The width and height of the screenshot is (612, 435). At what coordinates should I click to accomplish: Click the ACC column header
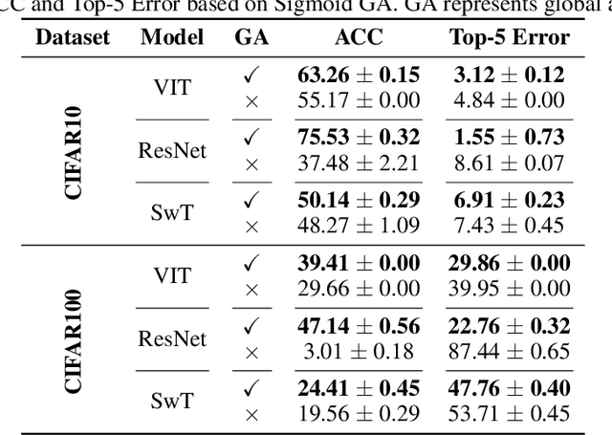[x=359, y=39]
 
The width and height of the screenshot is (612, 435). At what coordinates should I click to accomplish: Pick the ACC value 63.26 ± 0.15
[x=359, y=76]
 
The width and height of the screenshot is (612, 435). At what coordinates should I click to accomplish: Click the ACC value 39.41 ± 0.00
[x=359, y=263]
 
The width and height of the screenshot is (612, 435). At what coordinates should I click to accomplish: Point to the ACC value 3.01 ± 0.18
[x=359, y=351]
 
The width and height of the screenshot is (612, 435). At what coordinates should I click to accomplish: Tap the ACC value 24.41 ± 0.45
[x=359, y=389]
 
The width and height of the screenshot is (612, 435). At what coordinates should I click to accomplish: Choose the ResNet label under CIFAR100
[x=172, y=338]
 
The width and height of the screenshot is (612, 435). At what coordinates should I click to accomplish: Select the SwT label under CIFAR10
[x=172, y=213]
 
